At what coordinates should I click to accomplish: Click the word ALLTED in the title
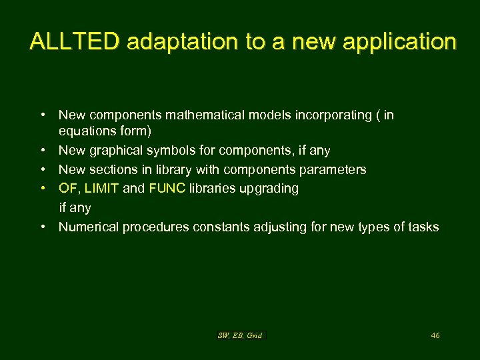click(x=75, y=42)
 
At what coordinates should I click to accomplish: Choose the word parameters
click(x=329, y=169)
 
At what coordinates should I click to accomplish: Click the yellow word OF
click(x=67, y=188)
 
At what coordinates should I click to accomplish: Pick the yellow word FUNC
click(x=167, y=188)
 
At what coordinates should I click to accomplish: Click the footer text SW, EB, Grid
click(x=241, y=335)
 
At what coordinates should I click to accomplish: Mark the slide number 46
click(x=435, y=335)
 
